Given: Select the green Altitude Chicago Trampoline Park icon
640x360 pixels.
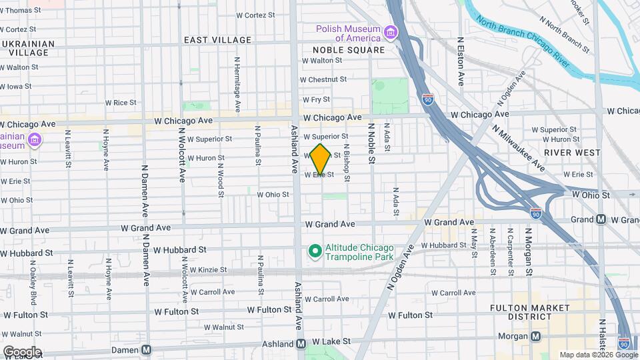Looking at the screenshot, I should point(315,251).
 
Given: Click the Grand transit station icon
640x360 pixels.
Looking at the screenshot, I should point(601,219).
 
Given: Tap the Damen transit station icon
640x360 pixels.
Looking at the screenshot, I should point(146,349).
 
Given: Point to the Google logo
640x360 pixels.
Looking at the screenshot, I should point(21,352).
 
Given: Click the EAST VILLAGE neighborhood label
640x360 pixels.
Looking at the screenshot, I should point(218,40).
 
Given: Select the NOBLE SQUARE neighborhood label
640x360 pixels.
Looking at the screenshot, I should point(349,50).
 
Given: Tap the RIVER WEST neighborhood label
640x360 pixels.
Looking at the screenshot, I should point(568,152).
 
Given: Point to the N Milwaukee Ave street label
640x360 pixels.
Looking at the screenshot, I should point(519,147).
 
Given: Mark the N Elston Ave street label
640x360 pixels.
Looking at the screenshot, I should point(461,61).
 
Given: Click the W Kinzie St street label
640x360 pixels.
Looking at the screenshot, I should point(208,270).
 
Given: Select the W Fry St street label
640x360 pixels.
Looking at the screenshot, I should point(317,99).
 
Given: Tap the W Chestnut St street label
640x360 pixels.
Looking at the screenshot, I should point(325,79).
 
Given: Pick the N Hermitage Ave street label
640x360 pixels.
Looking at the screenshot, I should point(237,83).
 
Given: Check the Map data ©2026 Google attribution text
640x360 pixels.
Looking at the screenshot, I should point(598,355).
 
